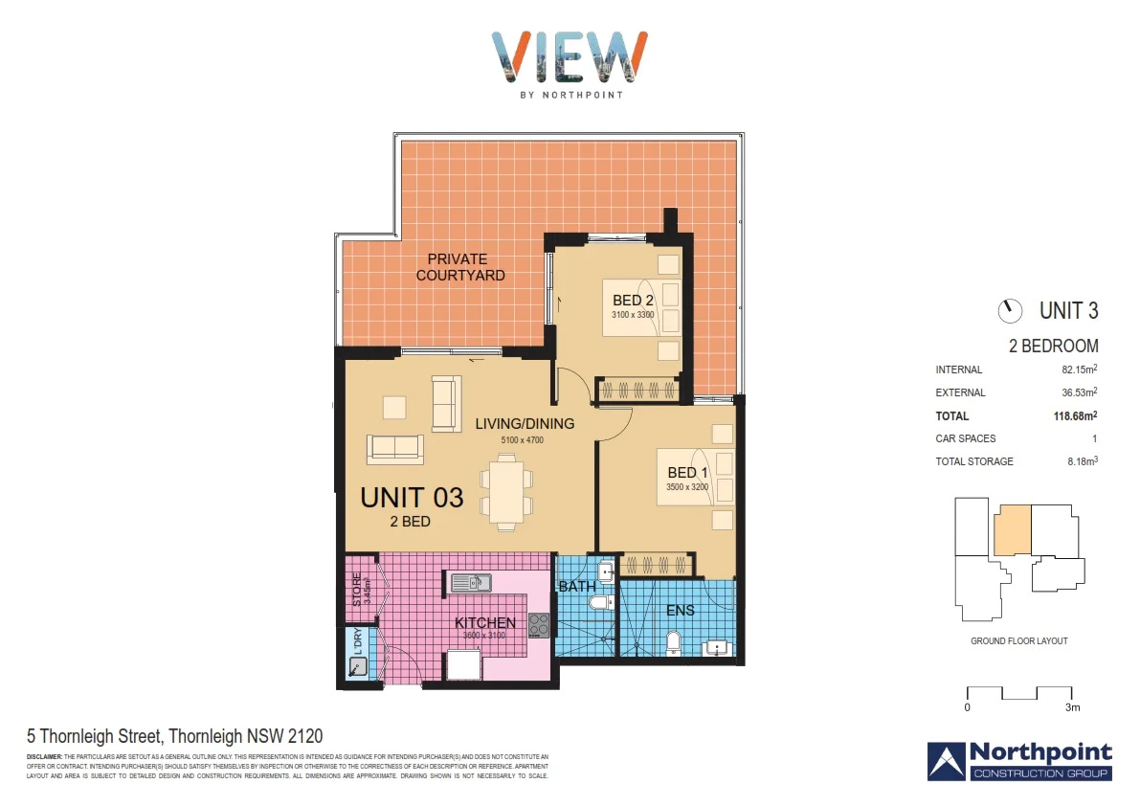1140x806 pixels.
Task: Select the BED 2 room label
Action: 633,302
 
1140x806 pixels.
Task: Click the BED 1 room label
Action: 687,473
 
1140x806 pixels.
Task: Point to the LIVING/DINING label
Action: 524,424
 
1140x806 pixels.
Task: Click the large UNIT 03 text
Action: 412,498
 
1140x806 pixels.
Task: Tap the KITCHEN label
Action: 484,622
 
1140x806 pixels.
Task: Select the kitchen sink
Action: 471,582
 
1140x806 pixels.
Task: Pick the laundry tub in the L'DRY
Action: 358,666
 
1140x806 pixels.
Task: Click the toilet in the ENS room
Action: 673,643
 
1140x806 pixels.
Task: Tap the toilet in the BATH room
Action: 601,603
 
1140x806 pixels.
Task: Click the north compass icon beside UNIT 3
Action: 1009,311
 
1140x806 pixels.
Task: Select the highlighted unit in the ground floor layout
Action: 1013,530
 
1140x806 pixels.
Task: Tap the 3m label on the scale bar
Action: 1072,708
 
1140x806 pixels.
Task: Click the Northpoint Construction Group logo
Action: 1019,760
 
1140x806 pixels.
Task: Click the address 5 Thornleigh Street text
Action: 174,736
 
